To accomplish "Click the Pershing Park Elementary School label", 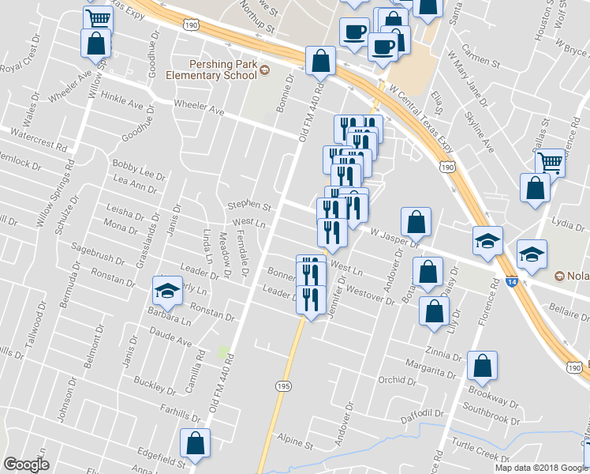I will [211, 69].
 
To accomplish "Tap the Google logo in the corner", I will [26, 465].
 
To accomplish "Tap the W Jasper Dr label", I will [394, 238].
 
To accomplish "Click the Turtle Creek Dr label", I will [476, 455].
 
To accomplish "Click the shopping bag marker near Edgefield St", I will [195, 442].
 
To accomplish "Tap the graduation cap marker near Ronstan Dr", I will [166, 292].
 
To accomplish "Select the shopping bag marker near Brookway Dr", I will [482, 366].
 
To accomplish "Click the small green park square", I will [226, 350].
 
